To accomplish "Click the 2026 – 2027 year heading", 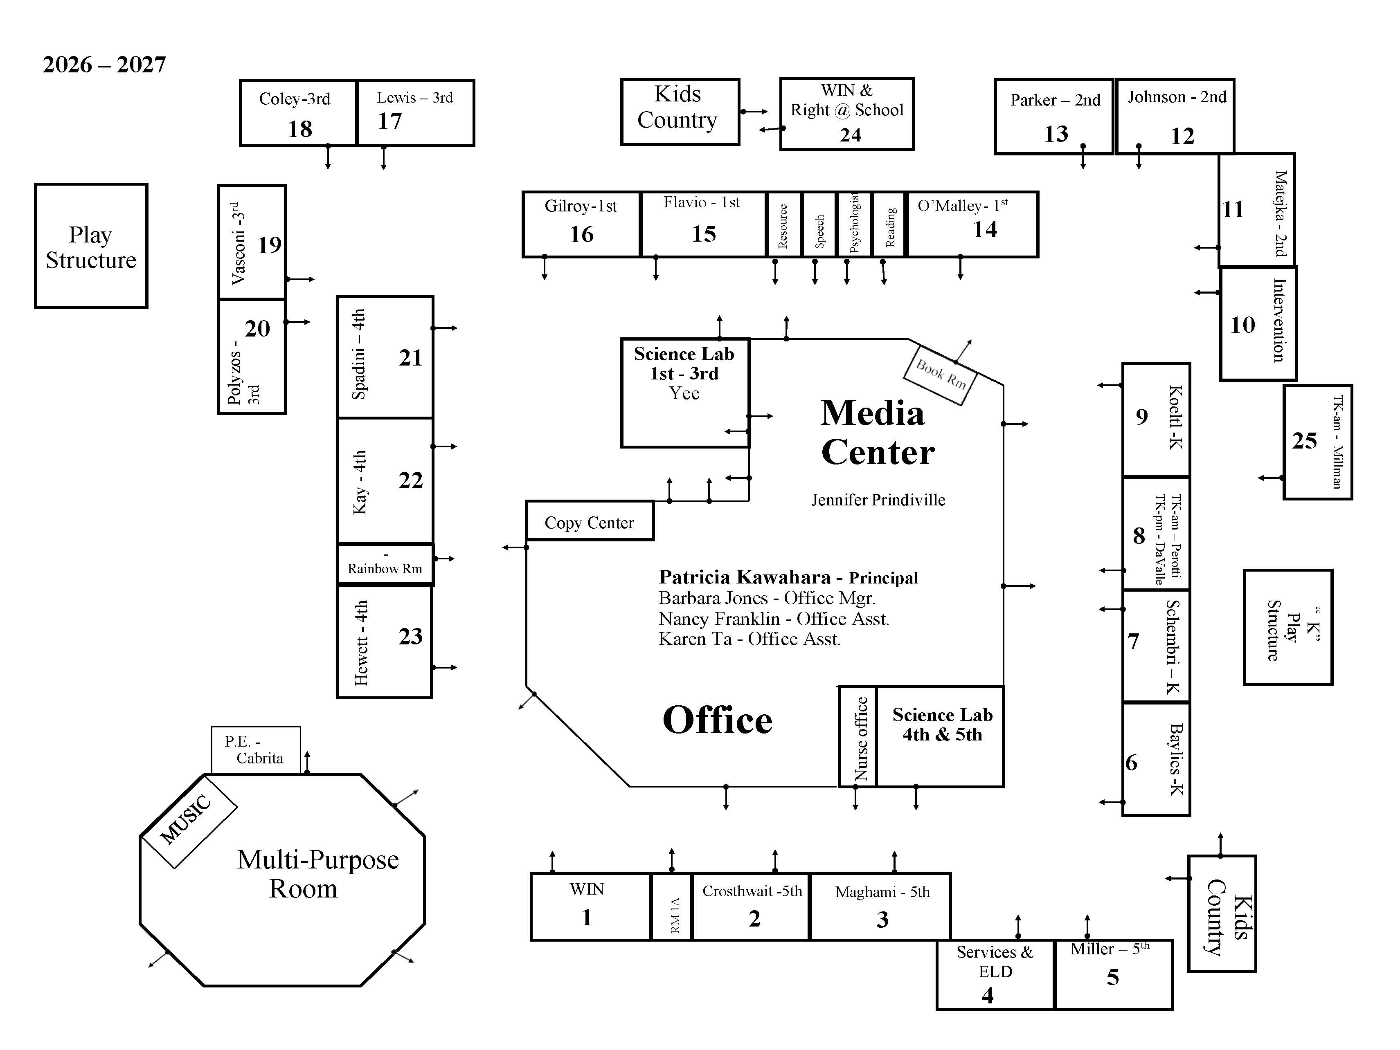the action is [104, 65].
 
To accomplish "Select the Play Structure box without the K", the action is [91, 246].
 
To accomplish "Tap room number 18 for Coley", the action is [300, 129].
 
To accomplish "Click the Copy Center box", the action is [589, 521].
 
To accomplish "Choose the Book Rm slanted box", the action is [941, 375].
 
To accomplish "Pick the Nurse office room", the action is [858, 736].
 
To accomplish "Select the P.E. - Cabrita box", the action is [256, 750].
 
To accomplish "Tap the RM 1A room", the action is [672, 906].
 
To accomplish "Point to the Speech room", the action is [819, 224].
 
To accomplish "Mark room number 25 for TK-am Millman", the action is [1304, 441].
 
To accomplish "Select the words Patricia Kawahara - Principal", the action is [788, 577].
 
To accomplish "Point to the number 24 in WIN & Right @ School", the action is [850, 135].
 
